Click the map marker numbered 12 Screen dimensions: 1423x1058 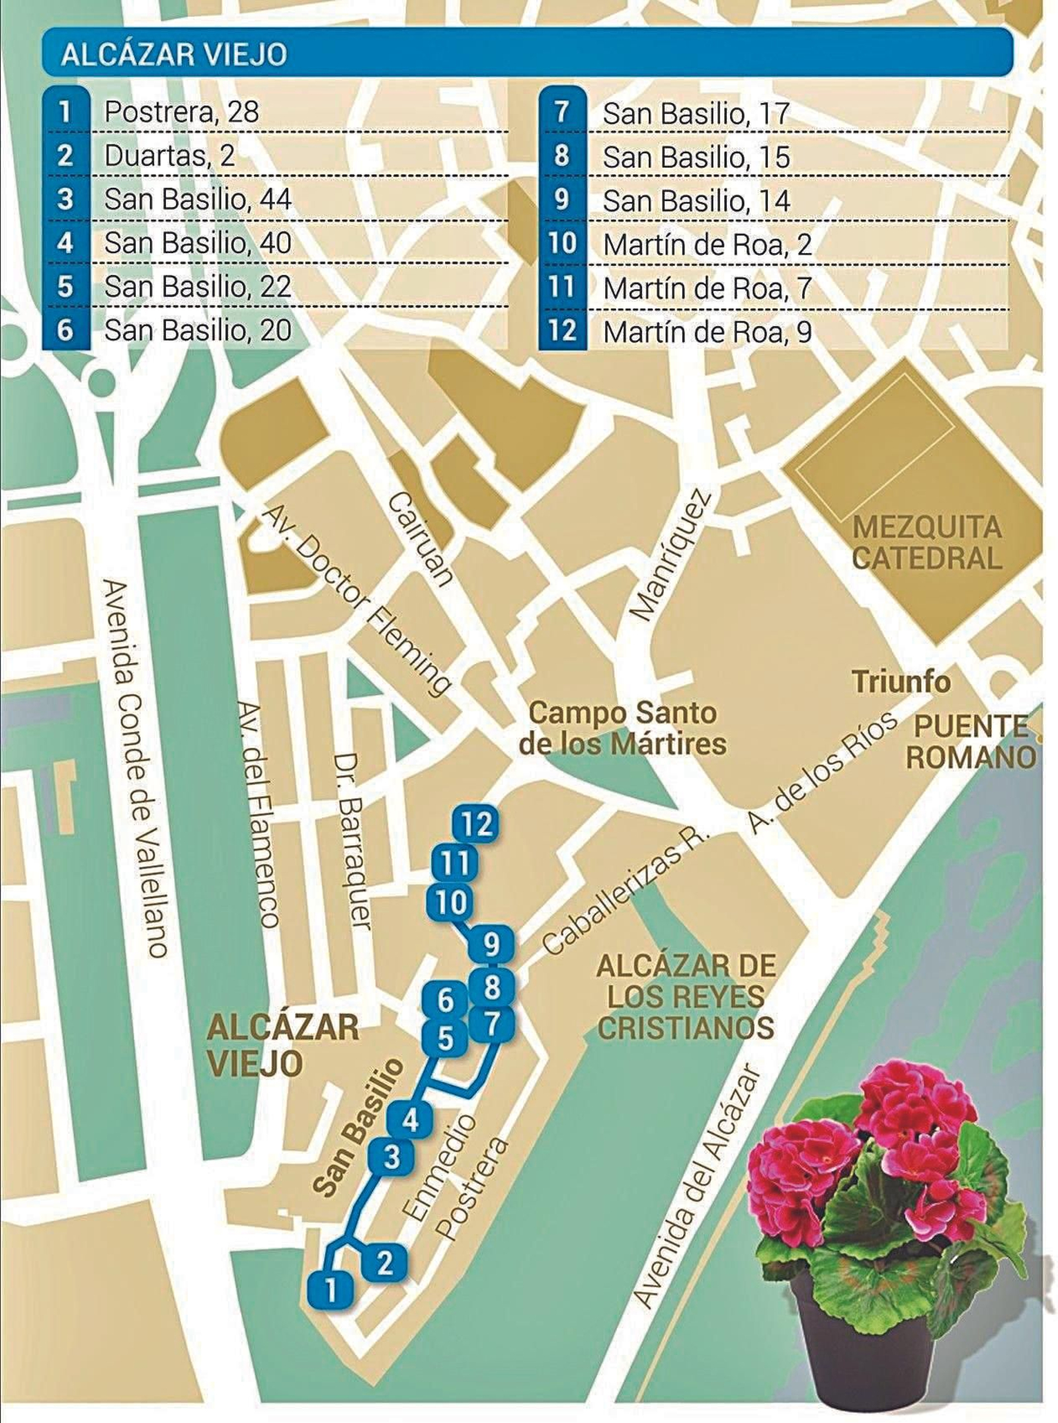click(475, 825)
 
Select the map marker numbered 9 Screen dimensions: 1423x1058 click(491, 946)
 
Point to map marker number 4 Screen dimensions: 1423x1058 click(410, 1121)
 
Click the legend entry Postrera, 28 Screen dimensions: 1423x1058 click(181, 112)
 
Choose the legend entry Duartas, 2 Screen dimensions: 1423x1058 click(169, 156)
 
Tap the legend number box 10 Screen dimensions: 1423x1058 click(562, 244)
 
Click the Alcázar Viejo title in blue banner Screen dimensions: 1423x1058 click(174, 55)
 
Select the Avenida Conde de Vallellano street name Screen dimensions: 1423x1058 click(136, 767)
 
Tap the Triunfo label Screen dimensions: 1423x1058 click(901, 682)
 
